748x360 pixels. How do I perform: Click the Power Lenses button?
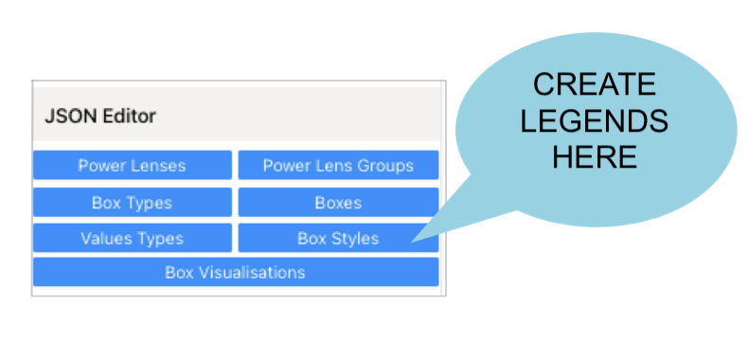[x=132, y=165]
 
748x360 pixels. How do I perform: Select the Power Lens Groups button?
[x=338, y=165]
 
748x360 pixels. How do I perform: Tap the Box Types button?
[x=132, y=202]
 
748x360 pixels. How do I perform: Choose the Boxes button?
[x=338, y=202]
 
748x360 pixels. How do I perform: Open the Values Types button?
[x=132, y=238]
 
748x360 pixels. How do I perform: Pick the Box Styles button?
[x=338, y=238]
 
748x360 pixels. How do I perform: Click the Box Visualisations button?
[x=235, y=272]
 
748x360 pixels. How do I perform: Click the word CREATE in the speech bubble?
[x=594, y=84]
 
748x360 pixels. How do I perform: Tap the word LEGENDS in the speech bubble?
[x=594, y=120]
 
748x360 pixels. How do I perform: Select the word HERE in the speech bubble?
[x=594, y=156]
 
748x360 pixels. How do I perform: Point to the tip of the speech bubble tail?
[x=413, y=243]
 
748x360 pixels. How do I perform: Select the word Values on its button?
[x=104, y=238]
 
